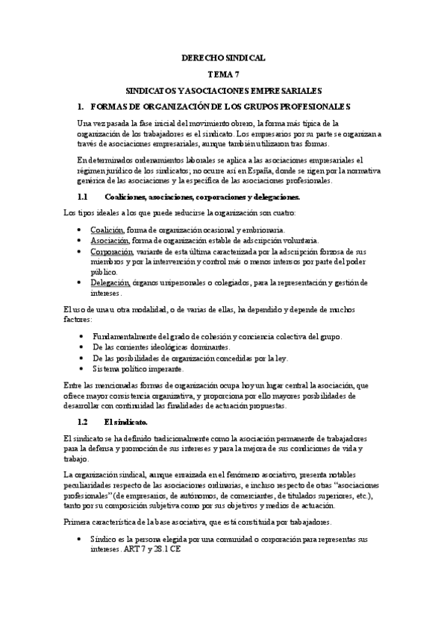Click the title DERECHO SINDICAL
point(223,57)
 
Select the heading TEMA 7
point(223,74)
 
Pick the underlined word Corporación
point(112,252)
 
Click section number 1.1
point(83,197)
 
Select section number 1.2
point(83,422)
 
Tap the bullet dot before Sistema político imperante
point(81,369)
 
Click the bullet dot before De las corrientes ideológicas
point(81,348)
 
